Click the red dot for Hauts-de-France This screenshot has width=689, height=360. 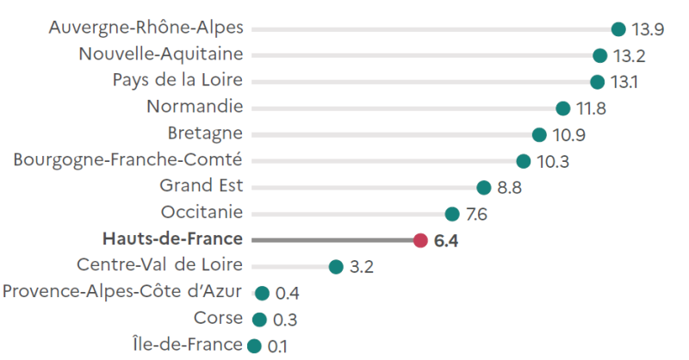tap(420, 240)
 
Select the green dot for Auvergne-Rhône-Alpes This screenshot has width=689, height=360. tap(618, 29)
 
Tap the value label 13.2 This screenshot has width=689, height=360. tap(630, 57)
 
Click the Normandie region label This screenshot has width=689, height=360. tap(195, 108)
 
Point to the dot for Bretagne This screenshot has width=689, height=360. tap(539, 134)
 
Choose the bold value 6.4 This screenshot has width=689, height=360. tap(446, 241)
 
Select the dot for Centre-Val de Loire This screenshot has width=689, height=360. tap(336, 267)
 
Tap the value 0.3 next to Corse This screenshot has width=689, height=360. tap(285, 320)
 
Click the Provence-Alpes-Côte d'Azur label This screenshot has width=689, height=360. tap(122, 293)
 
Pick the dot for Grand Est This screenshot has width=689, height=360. tap(483, 188)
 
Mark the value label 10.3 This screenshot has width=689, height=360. tap(553, 162)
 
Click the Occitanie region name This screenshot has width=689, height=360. tap(202, 213)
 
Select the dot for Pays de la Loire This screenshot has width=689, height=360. tap(597, 82)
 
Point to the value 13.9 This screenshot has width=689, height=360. tap(648, 30)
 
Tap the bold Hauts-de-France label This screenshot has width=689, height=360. tap(172, 239)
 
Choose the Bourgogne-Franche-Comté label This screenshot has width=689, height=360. tap(128, 160)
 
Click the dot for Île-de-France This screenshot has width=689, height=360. tap(254, 346)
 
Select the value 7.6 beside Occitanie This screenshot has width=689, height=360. tap(476, 214)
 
